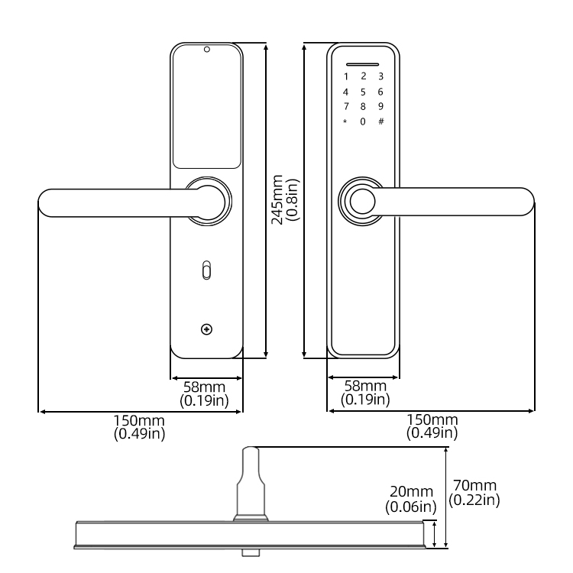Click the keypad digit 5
click(363, 91)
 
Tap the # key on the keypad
click(380, 121)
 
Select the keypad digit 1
click(345, 76)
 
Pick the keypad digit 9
click(380, 106)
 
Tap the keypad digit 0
click(363, 121)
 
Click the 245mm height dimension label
click(285, 199)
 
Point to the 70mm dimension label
click(474, 492)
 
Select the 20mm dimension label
click(411, 498)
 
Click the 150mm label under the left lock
click(139, 426)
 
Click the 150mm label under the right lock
click(432, 426)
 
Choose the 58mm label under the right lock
click(364, 393)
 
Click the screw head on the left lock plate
click(206, 329)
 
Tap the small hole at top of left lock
click(206, 50)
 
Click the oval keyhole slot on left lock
click(206, 270)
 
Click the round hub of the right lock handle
click(361, 201)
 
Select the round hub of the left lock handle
click(206, 201)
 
